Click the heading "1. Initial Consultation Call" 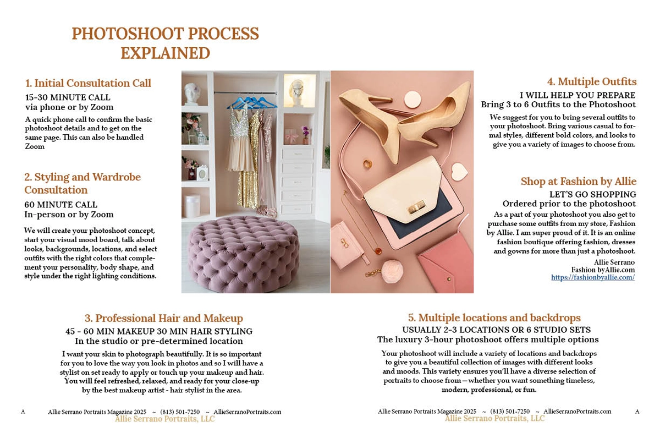pos(88,83)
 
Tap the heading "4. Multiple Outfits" pos(592,81)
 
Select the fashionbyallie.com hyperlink pos(593,277)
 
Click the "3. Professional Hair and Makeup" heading pos(164,318)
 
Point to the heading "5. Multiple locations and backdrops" pos(494,317)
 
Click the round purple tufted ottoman pos(244,254)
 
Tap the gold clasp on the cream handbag pos(416,207)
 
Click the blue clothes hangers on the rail pos(252,102)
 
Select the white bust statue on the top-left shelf pos(192,94)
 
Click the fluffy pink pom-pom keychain pos(392,272)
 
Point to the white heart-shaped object pos(459,172)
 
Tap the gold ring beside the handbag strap pos(367,164)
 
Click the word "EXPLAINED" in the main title pos(166,53)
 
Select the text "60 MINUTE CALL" pos(61,205)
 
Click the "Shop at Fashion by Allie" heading pos(579,181)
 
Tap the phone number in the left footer pos(180,412)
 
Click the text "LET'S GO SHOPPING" pos(592,194)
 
